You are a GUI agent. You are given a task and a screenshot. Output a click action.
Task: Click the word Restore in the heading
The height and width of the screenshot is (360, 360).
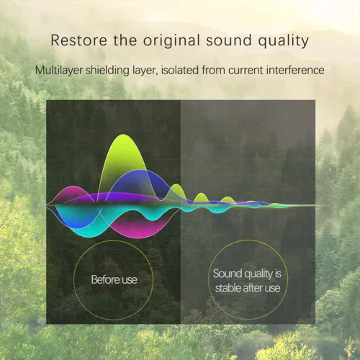pyautogui.click(x=78, y=40)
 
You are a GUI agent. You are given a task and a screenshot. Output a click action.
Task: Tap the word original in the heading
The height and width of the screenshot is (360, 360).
pyautogui.click(x=171, y=41)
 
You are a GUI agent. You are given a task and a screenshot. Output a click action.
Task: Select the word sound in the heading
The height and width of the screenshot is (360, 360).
pyautogui.click(x=229, y=40)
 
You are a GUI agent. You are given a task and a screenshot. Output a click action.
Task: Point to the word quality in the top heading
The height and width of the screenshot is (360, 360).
pyautogui.click(x=284, y=41)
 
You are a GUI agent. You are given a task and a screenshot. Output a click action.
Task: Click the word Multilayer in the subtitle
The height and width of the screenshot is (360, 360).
pyautogui.click(x=59, y=71)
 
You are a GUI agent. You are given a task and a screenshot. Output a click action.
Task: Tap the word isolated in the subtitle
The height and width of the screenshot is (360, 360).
pyautogui.click(x=180, y=70)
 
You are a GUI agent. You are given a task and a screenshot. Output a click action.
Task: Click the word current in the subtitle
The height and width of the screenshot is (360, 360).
pyautogui.click(x=246, y=71)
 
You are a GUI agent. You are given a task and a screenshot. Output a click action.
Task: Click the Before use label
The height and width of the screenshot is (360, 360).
pyautogui.click(x=114, y=279)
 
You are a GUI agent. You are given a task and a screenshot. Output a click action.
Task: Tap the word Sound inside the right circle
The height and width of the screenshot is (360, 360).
pyautogui.click(x=227, y=274)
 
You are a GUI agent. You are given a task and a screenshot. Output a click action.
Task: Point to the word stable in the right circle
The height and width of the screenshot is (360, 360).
pyautogui.click(x=228, y=288)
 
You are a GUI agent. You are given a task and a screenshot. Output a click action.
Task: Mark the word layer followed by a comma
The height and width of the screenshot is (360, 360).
pyautogui.click(x=145, y=71)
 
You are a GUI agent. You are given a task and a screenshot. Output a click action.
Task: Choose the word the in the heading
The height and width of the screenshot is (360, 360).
pyautogui.click(x=125, y=40)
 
